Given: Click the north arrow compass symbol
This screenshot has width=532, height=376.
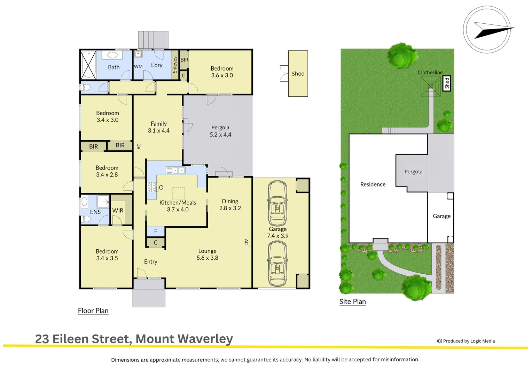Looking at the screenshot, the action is coord(487,30).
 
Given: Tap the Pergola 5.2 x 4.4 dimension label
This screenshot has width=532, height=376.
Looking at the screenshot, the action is coord(220,135).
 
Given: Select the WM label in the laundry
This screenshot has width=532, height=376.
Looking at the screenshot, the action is coord(138,66).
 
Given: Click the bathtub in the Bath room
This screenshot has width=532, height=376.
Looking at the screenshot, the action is coord(88,65).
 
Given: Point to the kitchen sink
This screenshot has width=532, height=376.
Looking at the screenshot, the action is coord(175,170).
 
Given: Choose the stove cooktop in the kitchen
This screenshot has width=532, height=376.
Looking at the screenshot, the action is coord(152,187).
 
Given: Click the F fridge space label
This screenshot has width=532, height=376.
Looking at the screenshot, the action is coord(156,231).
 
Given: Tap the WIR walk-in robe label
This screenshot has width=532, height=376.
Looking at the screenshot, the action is coord(118,210).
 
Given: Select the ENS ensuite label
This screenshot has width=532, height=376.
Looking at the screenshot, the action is coord(95,212).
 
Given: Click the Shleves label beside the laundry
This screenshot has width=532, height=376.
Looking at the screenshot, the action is coord(175,65).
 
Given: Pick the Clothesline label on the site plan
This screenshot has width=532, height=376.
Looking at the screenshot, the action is coord(430,72).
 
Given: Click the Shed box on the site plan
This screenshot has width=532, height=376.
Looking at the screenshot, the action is coord(447,83).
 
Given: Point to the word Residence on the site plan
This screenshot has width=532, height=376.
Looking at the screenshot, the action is coord(373,184).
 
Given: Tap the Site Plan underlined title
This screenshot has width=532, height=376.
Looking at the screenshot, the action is coord(353,301).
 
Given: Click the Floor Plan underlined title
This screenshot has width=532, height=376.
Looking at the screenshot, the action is coord(93,311).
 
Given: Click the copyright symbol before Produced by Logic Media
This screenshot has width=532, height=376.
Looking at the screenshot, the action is coord(440,341).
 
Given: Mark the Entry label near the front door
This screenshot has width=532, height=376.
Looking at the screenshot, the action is coord(150,262).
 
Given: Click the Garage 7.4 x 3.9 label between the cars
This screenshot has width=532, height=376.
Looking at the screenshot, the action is coord(277,233).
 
